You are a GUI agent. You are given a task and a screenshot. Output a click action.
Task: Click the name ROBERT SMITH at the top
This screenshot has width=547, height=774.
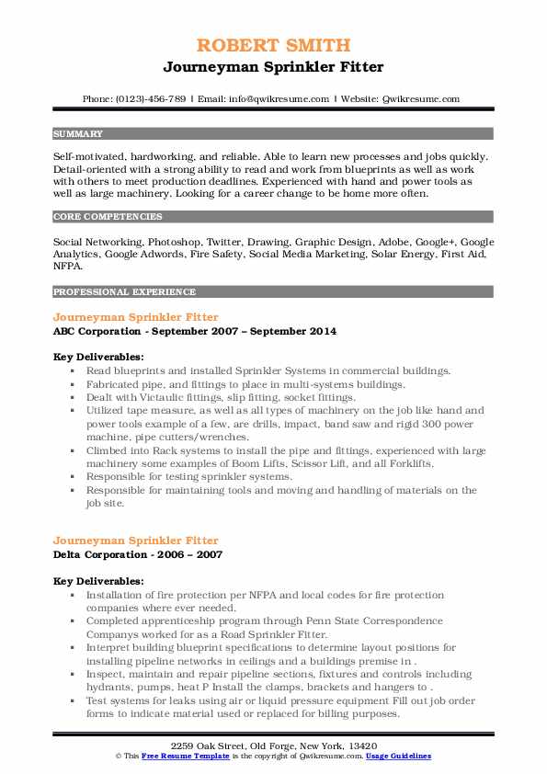pos(273,45)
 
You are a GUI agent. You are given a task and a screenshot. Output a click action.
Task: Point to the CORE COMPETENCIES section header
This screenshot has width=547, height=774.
pos(108,217)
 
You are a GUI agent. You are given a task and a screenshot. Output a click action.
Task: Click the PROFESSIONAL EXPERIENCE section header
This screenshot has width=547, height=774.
pos(124,291)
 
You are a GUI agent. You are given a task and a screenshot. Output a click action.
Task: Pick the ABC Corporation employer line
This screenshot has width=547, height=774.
pos(195,331)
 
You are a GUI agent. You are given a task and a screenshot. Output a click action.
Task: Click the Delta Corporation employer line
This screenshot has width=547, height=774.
pos(138,554)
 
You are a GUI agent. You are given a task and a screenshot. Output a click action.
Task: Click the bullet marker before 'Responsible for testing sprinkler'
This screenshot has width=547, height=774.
pos(72,477)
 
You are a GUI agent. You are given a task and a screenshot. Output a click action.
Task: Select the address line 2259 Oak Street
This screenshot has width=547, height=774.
pos(273,744)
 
